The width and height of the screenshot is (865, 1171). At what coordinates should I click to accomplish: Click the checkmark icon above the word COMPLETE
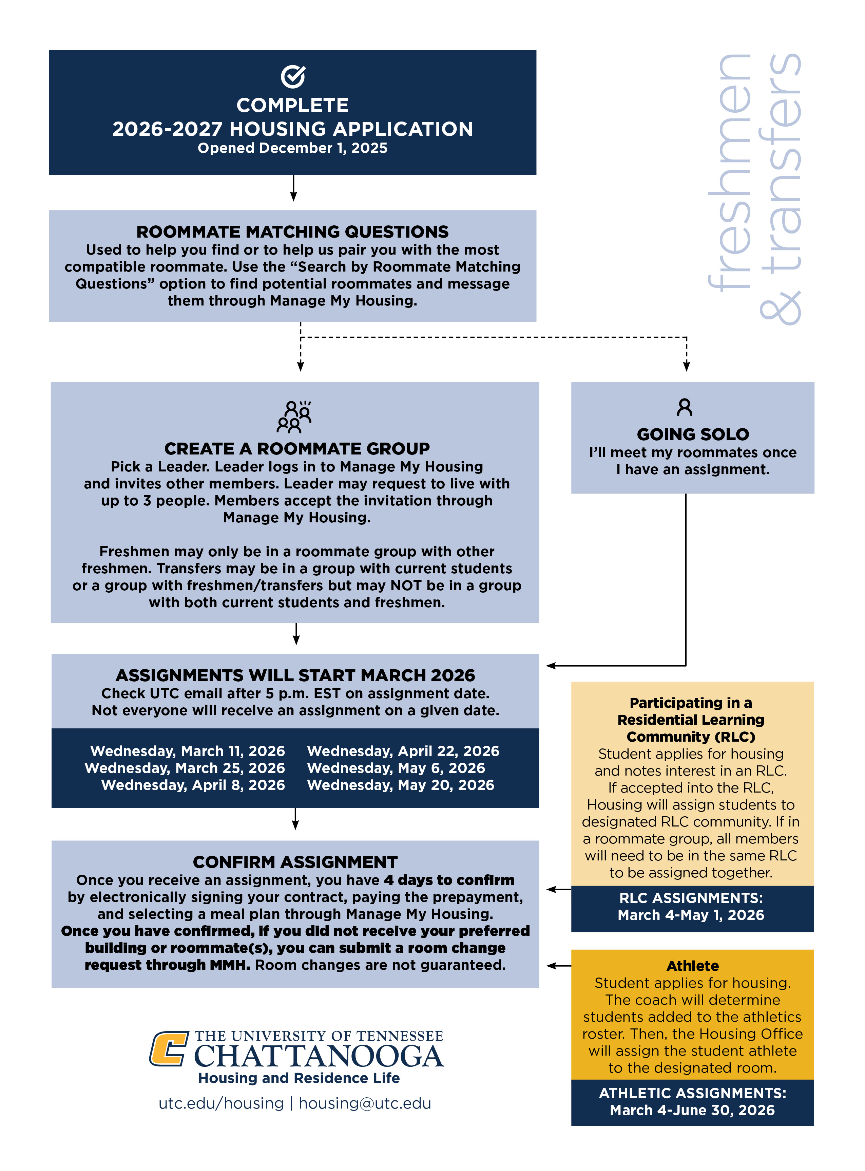[293, 76]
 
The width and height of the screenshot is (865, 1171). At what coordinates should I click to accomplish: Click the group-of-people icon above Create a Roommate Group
[294, 417]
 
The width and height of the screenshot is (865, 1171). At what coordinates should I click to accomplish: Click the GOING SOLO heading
[692, 434]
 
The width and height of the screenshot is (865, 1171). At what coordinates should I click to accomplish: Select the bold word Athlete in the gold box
[692, 966]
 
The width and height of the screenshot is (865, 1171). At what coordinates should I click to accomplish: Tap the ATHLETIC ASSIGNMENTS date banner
[692, 1101]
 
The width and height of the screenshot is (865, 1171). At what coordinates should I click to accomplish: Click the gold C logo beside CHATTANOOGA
[169, 1048]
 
